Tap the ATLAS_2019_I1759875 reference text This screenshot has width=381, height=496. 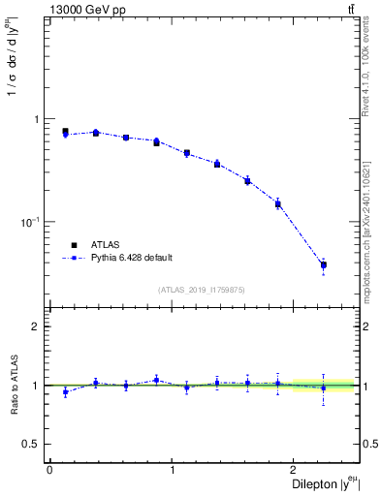coord(202,290)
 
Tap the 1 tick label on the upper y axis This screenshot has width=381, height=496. coord(36,119)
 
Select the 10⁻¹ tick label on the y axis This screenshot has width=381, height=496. coord(31,222)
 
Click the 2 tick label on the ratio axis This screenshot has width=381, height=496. coord(36,326)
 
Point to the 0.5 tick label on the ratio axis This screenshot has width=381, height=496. coord(32,444)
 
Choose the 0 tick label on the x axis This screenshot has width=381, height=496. coord(49,470)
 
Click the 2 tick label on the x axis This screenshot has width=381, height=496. coord(296,470)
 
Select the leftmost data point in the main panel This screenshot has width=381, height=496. coord(65,133)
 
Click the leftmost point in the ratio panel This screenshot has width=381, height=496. coord(65,392)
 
